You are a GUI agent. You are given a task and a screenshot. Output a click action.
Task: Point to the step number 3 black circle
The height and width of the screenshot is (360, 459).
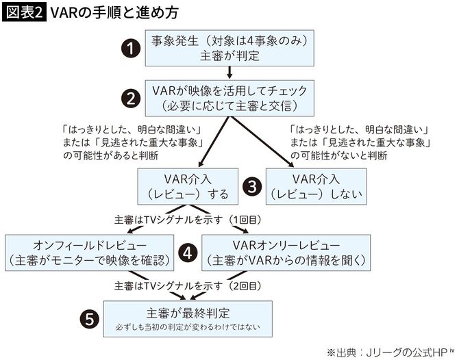point(252,185)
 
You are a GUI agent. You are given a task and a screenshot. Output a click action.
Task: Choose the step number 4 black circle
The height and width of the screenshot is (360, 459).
point(188,252)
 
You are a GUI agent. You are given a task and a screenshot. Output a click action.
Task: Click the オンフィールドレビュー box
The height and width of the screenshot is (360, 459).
point(90,252)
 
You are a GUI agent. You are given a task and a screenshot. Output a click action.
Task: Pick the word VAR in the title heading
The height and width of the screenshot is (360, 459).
point(66,14)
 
